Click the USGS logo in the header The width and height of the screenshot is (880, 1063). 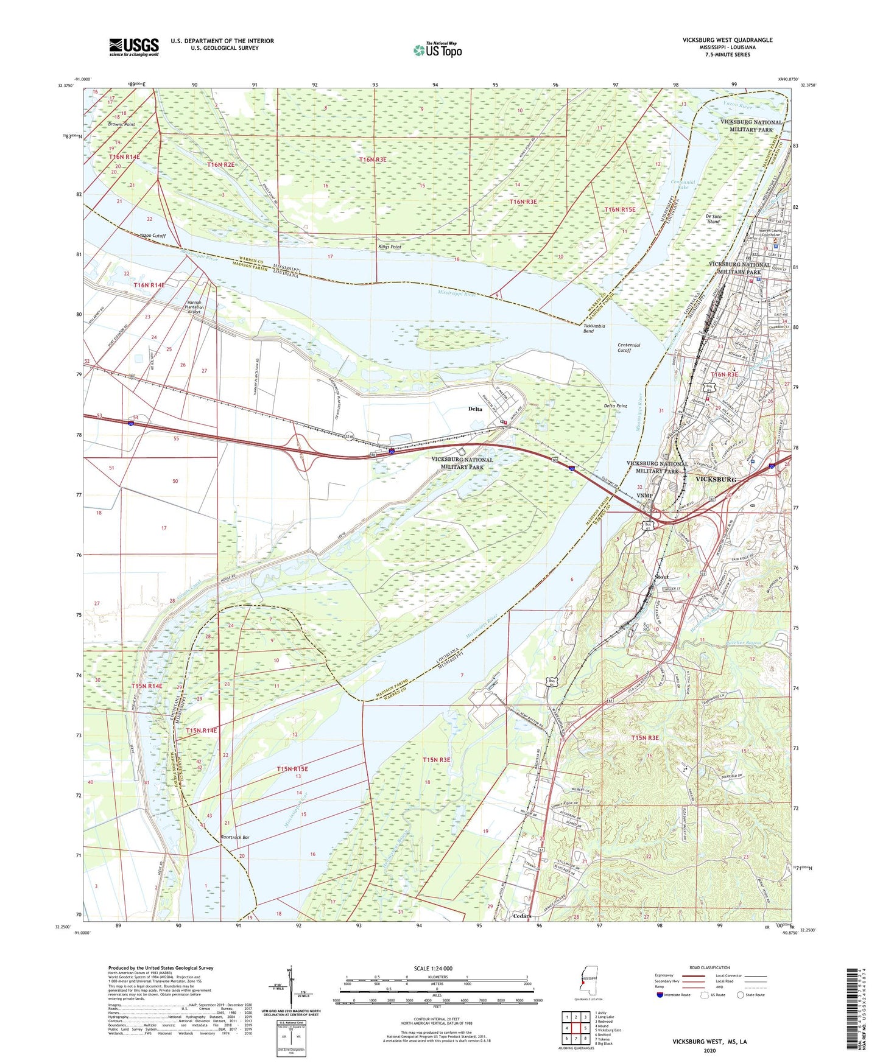pyautogui.click(x=134, y=47)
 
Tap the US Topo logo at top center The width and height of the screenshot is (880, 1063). pyautogui.click(x=437, y=50)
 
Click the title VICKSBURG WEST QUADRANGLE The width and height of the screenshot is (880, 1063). pyautogui.click(x=727, y=40)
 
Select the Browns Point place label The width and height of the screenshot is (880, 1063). pyautogui.click(x=122, y=124)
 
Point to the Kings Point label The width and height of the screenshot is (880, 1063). pyautogui.click(x=390, y=247)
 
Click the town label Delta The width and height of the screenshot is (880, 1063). pyautogui.click(x=475, y=409)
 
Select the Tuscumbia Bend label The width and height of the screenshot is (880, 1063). pyautogui.click(x=594, y=328)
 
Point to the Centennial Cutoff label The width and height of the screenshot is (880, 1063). pyautogui.click(x=628, y=348)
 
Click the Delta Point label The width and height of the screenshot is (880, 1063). pyautogui.click(x=615, y=405)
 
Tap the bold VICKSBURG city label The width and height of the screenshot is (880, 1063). pyautogui.click(x=716, y=479)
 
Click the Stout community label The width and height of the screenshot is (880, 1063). pyautogui.click(x=661, y=577)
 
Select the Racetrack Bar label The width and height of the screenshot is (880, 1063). pyautogui.click(x=234, y=838)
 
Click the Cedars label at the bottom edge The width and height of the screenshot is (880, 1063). pyautogui.click(x=522, y=916)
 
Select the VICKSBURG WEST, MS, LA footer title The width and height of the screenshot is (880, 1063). pyautogui.click(x=709, y=1042)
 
